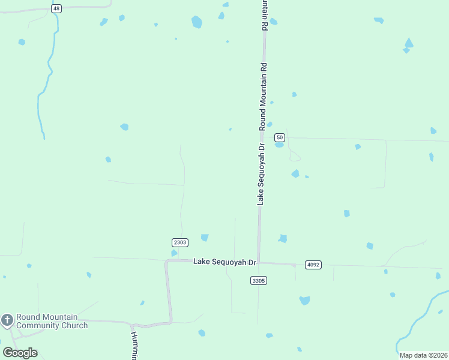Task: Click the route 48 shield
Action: point(56,8)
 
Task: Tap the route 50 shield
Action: point(280,137)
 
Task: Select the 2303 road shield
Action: point(180,242)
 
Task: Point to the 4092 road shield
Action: point(313,265)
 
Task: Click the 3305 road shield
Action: point(259,280)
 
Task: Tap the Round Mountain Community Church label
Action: point(52,321)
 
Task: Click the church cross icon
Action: point(7,320)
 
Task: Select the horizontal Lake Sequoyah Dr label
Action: point(224,262)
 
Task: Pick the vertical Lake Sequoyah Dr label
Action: point(261,175)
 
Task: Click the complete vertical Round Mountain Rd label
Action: point(262,95)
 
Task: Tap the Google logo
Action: point(20,353)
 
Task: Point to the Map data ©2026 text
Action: point(423,355)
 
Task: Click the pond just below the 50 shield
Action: point(279,145)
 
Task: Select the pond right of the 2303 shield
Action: point(205,238)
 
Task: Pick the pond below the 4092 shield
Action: point(304,300)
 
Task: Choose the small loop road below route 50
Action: point(295,157)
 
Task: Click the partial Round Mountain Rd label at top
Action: point(264,16)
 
